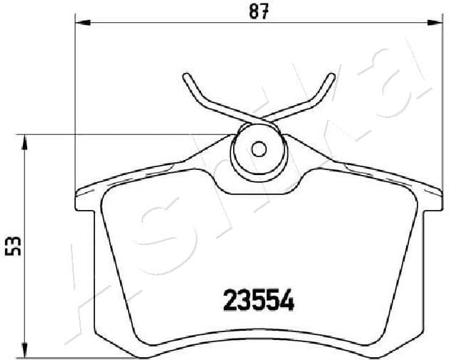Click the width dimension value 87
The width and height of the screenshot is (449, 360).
pyautogui.click(x=259, y=13)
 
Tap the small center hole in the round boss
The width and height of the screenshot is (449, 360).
pyautogui.click(x=259, y=149)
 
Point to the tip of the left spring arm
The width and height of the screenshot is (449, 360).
pyautogui.click(x=186, y=76)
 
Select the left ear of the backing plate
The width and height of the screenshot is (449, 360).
pyautogui.click(x=84, y=201)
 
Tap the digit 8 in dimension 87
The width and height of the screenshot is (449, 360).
pyautogui.click(x=252, y=13)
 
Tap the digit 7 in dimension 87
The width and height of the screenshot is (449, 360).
pyautogui.click(x=265, y=13)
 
